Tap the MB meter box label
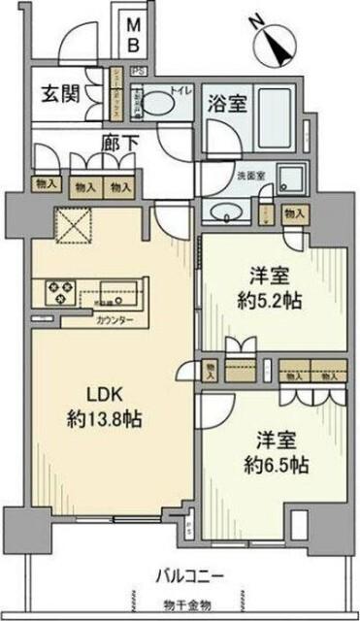point(138,36)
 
